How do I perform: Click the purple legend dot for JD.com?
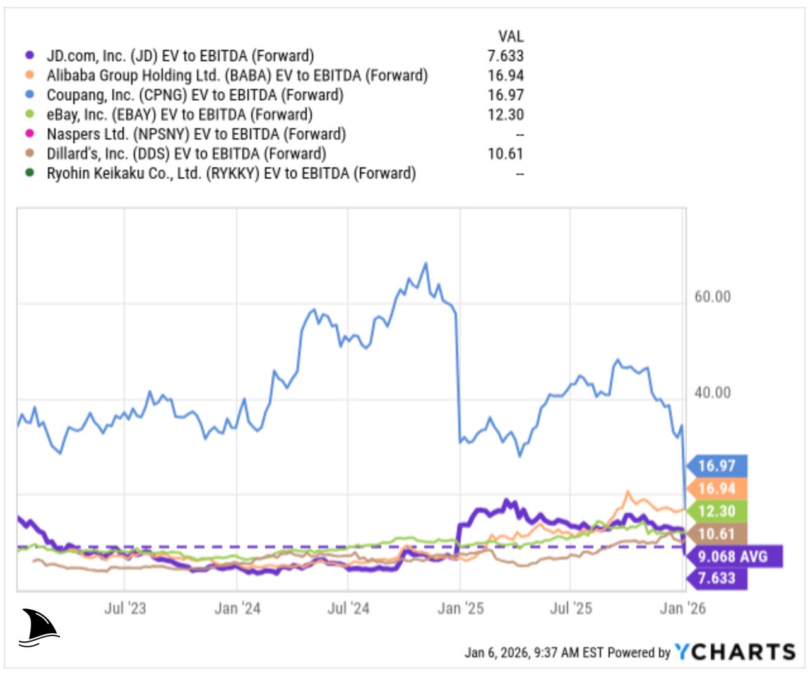[29, 56]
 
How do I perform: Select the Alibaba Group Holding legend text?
[237, 76]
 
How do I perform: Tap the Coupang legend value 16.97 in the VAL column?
[505, 95]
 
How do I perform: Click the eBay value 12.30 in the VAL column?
[505, 115]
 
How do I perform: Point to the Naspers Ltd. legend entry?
[196, 134]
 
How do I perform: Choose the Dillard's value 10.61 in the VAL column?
[505, 154]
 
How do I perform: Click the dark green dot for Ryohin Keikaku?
[29, 173]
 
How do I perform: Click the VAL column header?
[511, 36]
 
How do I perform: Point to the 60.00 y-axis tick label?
[712, 297]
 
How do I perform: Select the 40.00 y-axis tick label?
[712, 393]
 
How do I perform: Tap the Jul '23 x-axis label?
[125, 609]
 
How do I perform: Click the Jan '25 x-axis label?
[460, 609]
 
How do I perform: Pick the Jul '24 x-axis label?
[348, 609]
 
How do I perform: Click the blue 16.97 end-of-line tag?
[717, 466]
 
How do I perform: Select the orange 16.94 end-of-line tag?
[717, 489]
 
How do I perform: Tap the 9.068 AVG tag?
[732, 557]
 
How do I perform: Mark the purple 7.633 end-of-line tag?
[717, 578]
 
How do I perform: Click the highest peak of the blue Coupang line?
[425, 263]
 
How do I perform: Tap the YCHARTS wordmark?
[735, 652]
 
